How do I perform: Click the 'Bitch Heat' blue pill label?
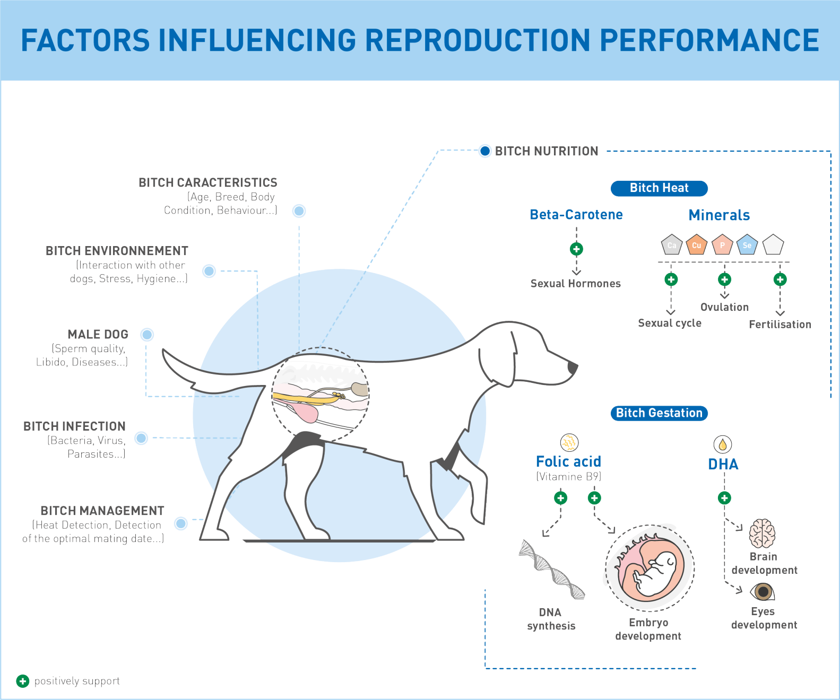point(659,188)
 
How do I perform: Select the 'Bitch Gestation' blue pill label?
point(659,413)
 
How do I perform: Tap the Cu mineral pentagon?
point(696,244)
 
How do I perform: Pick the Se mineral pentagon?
point(747,244)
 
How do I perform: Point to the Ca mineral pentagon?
point(671,244)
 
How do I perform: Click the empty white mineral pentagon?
point(773,244)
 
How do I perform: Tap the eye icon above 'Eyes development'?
point(763,592)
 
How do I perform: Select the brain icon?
point(763,533)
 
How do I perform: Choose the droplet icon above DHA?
point(723,444)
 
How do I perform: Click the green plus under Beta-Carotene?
point(576,249)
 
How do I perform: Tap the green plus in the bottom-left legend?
point(23,681)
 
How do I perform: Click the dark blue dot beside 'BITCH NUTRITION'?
point(485,151)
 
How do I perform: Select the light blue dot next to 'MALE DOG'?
point(147,335)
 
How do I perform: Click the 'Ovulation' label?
point(724,308)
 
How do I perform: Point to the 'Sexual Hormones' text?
point(575,284)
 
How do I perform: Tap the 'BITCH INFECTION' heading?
point(74,426)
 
